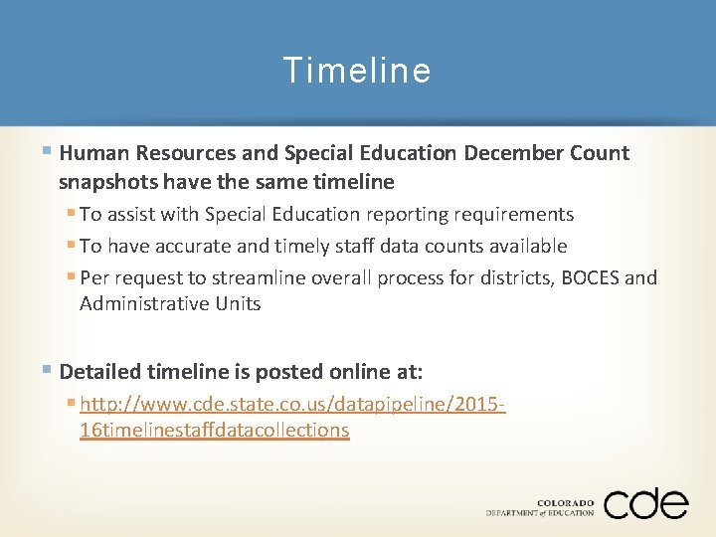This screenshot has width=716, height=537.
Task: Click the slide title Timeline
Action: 357,71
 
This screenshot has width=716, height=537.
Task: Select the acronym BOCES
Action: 591,277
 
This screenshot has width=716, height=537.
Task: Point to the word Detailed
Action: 99,372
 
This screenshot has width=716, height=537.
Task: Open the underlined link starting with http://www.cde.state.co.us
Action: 293,405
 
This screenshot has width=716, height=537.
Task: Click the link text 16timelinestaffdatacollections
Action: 214,430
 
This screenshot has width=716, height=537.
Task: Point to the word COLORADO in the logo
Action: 566,503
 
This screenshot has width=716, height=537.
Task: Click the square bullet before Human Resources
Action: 49,152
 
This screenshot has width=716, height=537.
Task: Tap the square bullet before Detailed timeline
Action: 49,371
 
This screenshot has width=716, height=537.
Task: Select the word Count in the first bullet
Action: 602,153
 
